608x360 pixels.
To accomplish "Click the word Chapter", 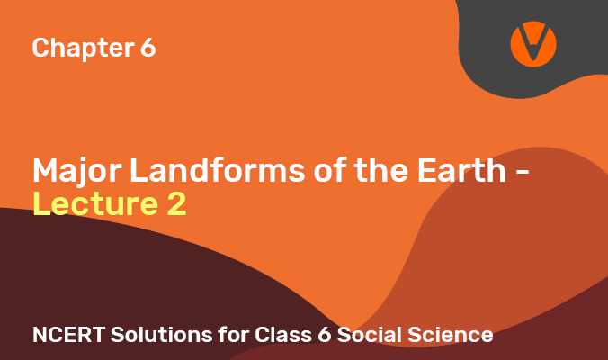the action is [x=83, y=48].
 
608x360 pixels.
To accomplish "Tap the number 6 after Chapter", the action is [x=148, y=48].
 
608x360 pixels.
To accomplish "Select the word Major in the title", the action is [x=76, y=172].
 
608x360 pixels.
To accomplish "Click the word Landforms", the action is [x=217, y=170].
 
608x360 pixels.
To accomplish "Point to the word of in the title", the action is [x=330, y=170].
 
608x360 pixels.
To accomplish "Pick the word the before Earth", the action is [x=381, y=170].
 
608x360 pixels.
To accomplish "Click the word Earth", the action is [x=461, y=170].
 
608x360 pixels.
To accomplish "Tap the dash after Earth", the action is [x=523, y=174].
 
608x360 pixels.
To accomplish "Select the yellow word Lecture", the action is [x=95, y=203].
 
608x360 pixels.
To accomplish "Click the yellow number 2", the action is [x=177, y=203].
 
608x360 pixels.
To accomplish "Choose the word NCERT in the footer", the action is [x=68, y=335].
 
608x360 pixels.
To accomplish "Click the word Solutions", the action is [x=161, y=335].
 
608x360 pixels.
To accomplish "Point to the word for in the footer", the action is [x=233, y=335].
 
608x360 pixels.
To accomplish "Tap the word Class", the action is [x=282, y=335].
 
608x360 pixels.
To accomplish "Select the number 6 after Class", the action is [x=324, y=335].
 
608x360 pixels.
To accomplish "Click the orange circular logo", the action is [x=533, y=44].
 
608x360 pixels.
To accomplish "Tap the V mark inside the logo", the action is [x=534, y=42].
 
